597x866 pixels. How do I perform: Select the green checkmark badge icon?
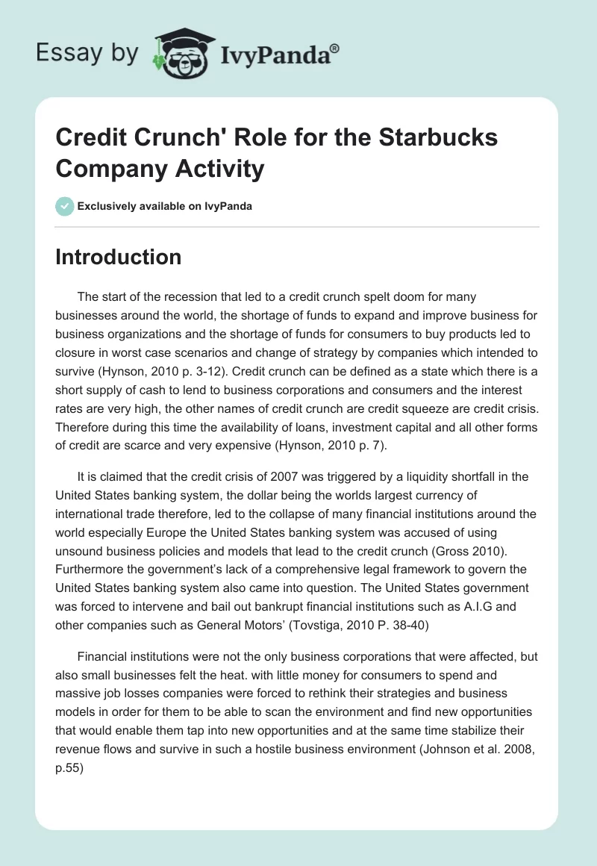tap(65, 206)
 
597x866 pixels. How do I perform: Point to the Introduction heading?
tap(119, 257)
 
